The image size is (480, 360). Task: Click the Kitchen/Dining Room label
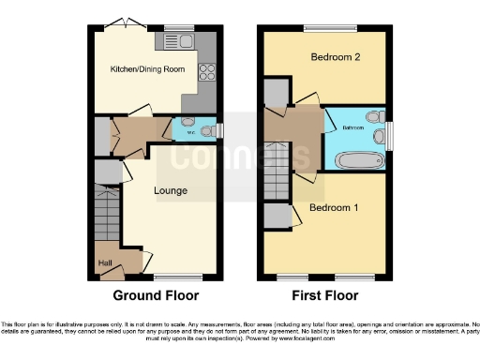[147, 68]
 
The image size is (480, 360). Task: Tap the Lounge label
[172, 191]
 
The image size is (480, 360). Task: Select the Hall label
[105, 262]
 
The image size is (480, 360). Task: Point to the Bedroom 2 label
[336, 57]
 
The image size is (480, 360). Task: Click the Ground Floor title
[156, 295]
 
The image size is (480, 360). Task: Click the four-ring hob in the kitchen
[207, 71]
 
